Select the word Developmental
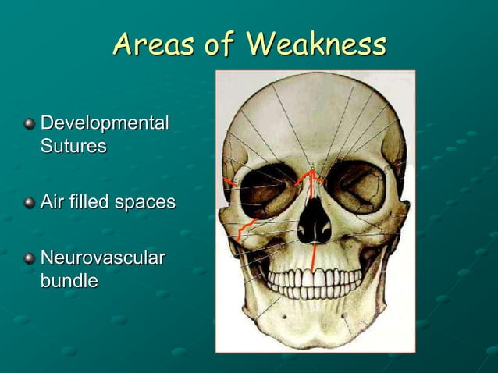coord(104,124)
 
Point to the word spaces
coord(144,202)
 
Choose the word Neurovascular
coord(102,258)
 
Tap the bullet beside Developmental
coord(30,124)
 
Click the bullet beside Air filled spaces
coord(30,203)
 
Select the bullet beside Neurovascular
coord(30,258)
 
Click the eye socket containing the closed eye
coord(355,187)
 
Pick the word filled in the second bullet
coord(88,202)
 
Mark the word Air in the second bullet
coord(52,202)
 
